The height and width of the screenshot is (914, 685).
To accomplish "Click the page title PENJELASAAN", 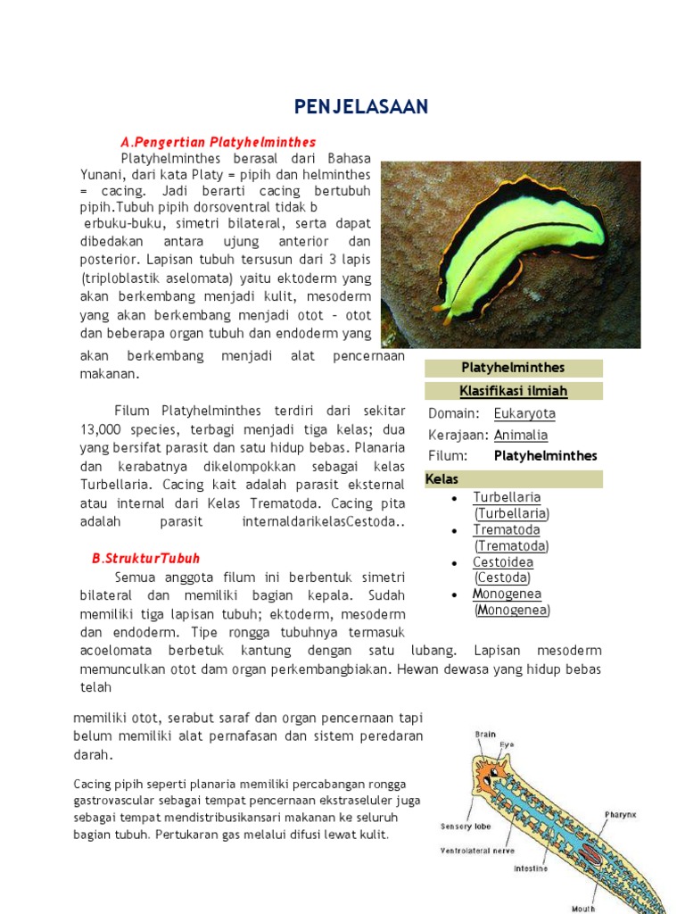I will (x=361, y=107).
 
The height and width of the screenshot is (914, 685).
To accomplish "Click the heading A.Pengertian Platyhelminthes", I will (x=218, y=142).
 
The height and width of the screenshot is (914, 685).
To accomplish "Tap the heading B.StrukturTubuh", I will (x=145, y=559).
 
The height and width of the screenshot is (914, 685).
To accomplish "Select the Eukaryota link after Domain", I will (x=524, y=413).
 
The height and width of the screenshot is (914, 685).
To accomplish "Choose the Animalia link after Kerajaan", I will (x=521, y=435).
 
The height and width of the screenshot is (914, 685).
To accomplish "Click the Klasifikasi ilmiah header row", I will (x=514, y=391).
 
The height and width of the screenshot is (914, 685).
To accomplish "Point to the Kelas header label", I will (x=442, y=479).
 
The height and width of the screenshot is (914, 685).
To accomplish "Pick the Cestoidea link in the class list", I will (x=503, y=562).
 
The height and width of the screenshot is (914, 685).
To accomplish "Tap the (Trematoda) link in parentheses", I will (x=511, y=546).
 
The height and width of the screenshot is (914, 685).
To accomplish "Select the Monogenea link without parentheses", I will (x=507, y=594).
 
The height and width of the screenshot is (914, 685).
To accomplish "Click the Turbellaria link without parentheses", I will (x=507, y=497).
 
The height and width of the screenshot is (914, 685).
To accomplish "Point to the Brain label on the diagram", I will (x=485, y=735).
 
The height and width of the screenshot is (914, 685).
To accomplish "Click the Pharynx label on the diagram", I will (x=619, y=814).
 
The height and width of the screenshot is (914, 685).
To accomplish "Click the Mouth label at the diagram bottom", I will (x=583, y=908).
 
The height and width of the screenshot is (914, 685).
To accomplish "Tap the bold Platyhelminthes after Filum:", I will (x=545, y=456).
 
